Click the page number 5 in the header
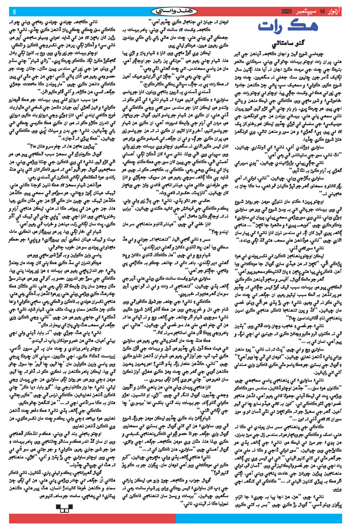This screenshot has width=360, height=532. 14,11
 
